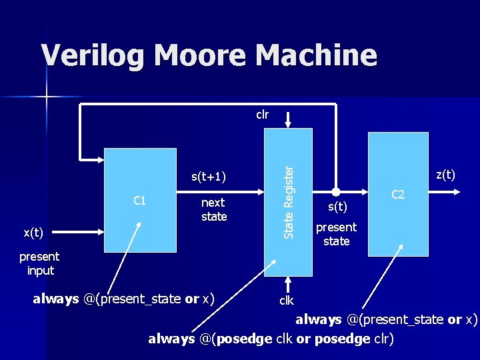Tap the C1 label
tap(140, 200)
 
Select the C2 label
tap(398, 195)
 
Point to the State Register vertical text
tap(288, 201)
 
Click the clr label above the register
tap(263, 114)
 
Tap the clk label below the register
tap(286, 300)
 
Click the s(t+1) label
tap(208, 177)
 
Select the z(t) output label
tap(445, 175)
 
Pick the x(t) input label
tap(33, 233)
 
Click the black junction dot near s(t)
tap(337, 191)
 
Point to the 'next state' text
tap(213, 209)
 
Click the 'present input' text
tap(39, 263)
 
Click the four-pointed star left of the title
tap(47, 98)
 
